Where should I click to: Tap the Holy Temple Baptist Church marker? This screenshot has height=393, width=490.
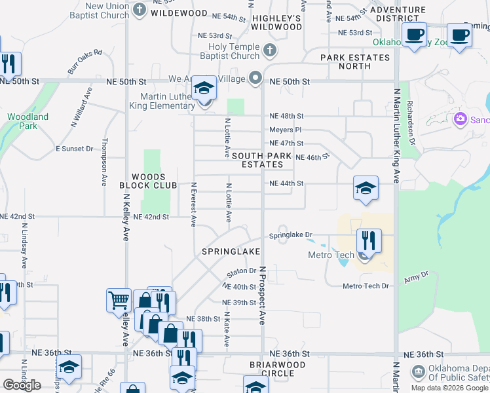[x=269, y=50]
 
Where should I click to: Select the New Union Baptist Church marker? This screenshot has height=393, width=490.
[x=140, y=9]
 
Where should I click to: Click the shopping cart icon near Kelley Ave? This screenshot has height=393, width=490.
[x=119, y=301]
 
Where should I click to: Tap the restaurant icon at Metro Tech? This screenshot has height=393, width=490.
[x=369, y=241]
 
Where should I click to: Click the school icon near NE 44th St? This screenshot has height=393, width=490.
[x=366, y=188]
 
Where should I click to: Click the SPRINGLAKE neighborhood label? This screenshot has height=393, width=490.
[x=232, y=252]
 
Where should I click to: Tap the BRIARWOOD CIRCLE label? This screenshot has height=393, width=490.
[x=278, y=369]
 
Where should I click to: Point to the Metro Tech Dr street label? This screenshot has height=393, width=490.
[x=366, y=286]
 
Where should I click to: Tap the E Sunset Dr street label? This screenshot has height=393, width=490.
[x=74, y=149]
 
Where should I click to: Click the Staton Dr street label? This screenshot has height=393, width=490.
[x=240, y=271]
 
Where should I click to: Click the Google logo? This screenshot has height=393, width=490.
[x=22, y=384]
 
